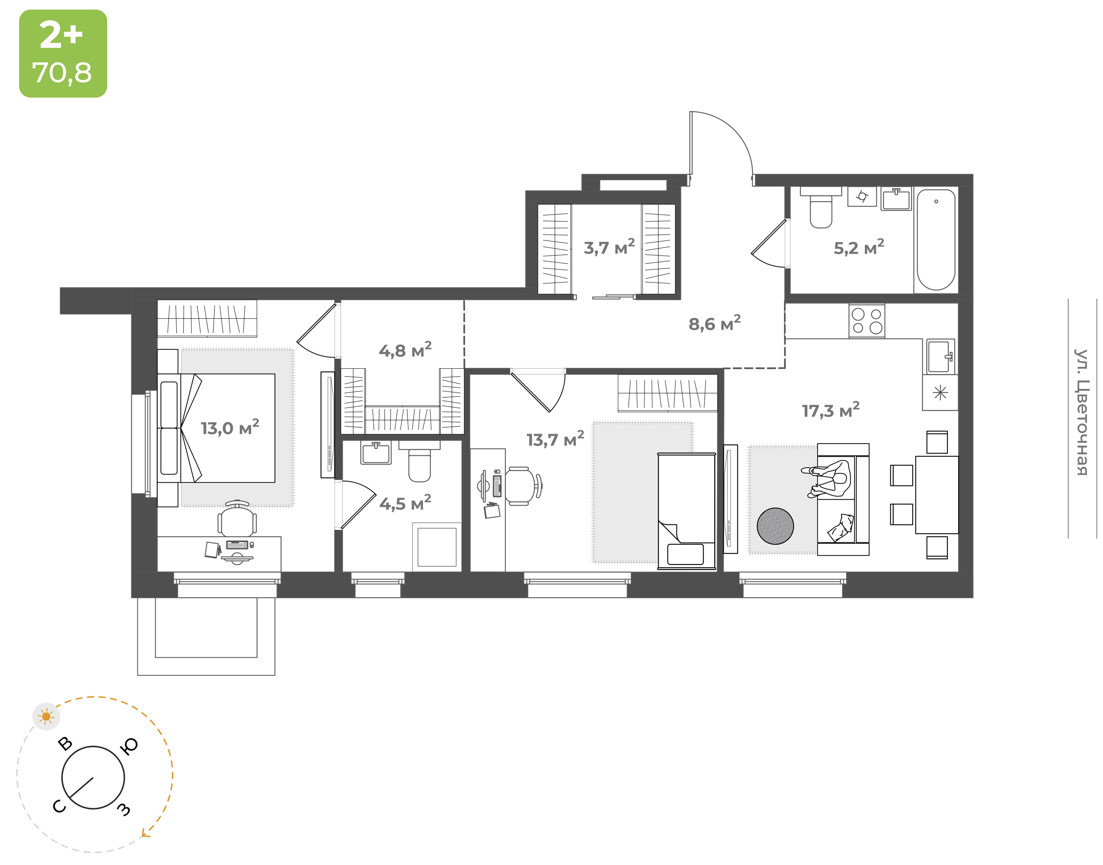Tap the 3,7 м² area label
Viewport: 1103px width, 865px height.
609,247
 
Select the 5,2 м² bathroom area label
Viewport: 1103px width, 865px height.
859,247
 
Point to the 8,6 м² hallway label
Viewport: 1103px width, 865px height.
714,323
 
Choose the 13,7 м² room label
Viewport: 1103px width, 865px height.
555,439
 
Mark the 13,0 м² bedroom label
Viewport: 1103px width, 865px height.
230,428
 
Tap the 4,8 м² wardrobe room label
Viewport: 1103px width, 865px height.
405,350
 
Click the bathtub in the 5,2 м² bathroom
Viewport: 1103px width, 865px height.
936,240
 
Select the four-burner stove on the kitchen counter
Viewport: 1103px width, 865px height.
867,321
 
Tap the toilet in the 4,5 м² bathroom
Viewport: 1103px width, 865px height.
419,462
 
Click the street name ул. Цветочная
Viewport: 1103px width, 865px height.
1082,412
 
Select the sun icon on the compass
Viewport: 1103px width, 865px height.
46,716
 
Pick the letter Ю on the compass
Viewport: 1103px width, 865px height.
129,746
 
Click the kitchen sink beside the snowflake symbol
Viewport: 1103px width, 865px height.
940,356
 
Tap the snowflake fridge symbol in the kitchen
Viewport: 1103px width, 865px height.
940,392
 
